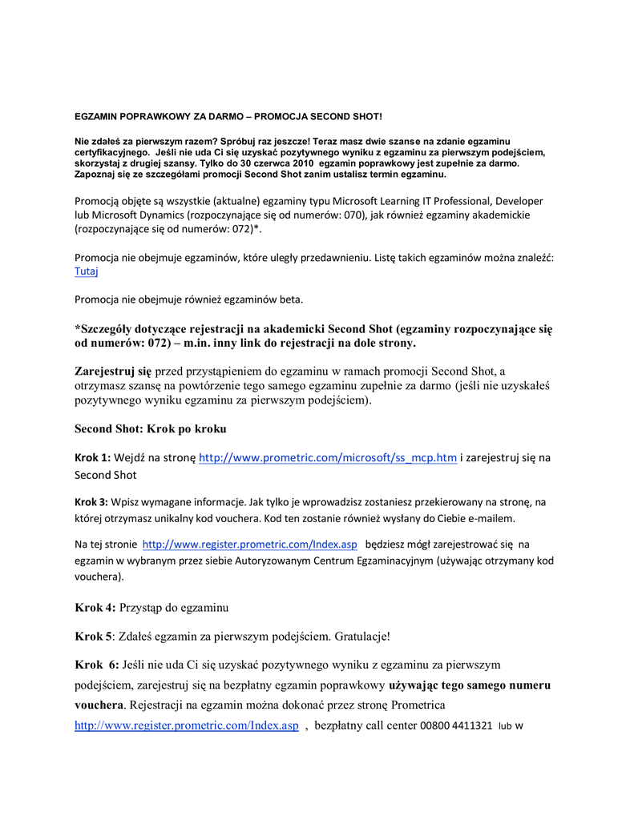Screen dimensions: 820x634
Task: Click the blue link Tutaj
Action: (87, 272)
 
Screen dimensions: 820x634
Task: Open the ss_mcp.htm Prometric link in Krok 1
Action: (327, 458)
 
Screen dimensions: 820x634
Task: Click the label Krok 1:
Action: (92, 458)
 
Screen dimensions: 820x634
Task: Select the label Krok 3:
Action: (91, 502)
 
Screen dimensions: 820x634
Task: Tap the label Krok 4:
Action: (95, 607)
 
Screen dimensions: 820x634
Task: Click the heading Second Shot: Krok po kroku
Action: (151, 429)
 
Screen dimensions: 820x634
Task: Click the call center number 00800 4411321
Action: (455, 726)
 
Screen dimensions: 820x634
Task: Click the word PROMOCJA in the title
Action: (279, 117)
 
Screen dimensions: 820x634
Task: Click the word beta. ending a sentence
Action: (290, 300)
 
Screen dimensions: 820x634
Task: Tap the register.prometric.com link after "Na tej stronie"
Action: (249, 545)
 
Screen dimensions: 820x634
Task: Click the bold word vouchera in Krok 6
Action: (99, 706)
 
